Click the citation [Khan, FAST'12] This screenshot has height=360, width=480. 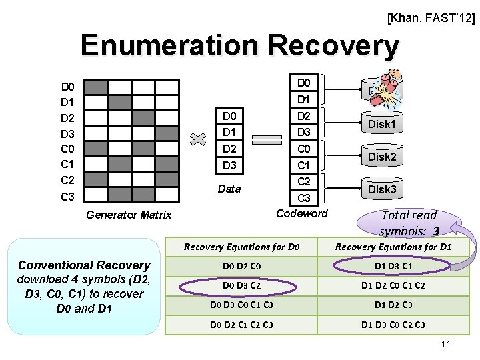pos(431,19)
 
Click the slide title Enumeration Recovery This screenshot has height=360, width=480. pos(239,46)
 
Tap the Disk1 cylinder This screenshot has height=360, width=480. pos(382,124)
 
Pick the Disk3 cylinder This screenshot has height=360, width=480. pos(382,189)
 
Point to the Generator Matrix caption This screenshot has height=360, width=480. pos(129,214)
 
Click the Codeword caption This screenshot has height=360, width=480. pos(302,213)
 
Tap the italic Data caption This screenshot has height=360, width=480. pos(229,189)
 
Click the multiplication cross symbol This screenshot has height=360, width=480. pos(197,140)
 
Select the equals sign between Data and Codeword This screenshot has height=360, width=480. pos(267,140)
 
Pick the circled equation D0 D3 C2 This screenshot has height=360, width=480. pos(241,286)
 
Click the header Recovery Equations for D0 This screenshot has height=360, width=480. pos(241,247)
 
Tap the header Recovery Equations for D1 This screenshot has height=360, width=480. pos(393,247)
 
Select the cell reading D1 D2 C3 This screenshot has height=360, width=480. pos(393,305)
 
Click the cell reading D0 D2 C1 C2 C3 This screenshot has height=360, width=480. pos(241,325)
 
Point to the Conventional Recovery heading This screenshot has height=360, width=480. pos(84,265)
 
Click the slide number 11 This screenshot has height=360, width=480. pos(446,344)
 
